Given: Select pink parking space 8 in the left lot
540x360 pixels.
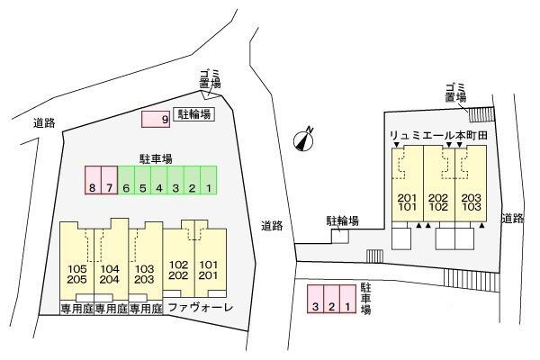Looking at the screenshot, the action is pyautogui.click(x=93, y=181).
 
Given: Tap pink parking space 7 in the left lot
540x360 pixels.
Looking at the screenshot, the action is pyautogui.click(x=110, y=181).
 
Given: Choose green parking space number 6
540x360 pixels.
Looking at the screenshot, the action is pyautogui.click(x=127, y=181).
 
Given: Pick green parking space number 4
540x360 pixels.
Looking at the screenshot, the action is pyautogui.click(x=159, y=181).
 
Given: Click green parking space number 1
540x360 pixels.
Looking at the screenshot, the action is pyautogui.click(x=208, y=181).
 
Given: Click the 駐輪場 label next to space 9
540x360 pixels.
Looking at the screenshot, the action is pyautogui.click(x=193, y=114).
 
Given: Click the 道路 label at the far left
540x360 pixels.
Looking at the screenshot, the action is pyautogui.click(x=43, y=123).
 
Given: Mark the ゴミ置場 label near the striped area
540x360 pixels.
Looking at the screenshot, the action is pyautogui.click(x=454, y=91).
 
